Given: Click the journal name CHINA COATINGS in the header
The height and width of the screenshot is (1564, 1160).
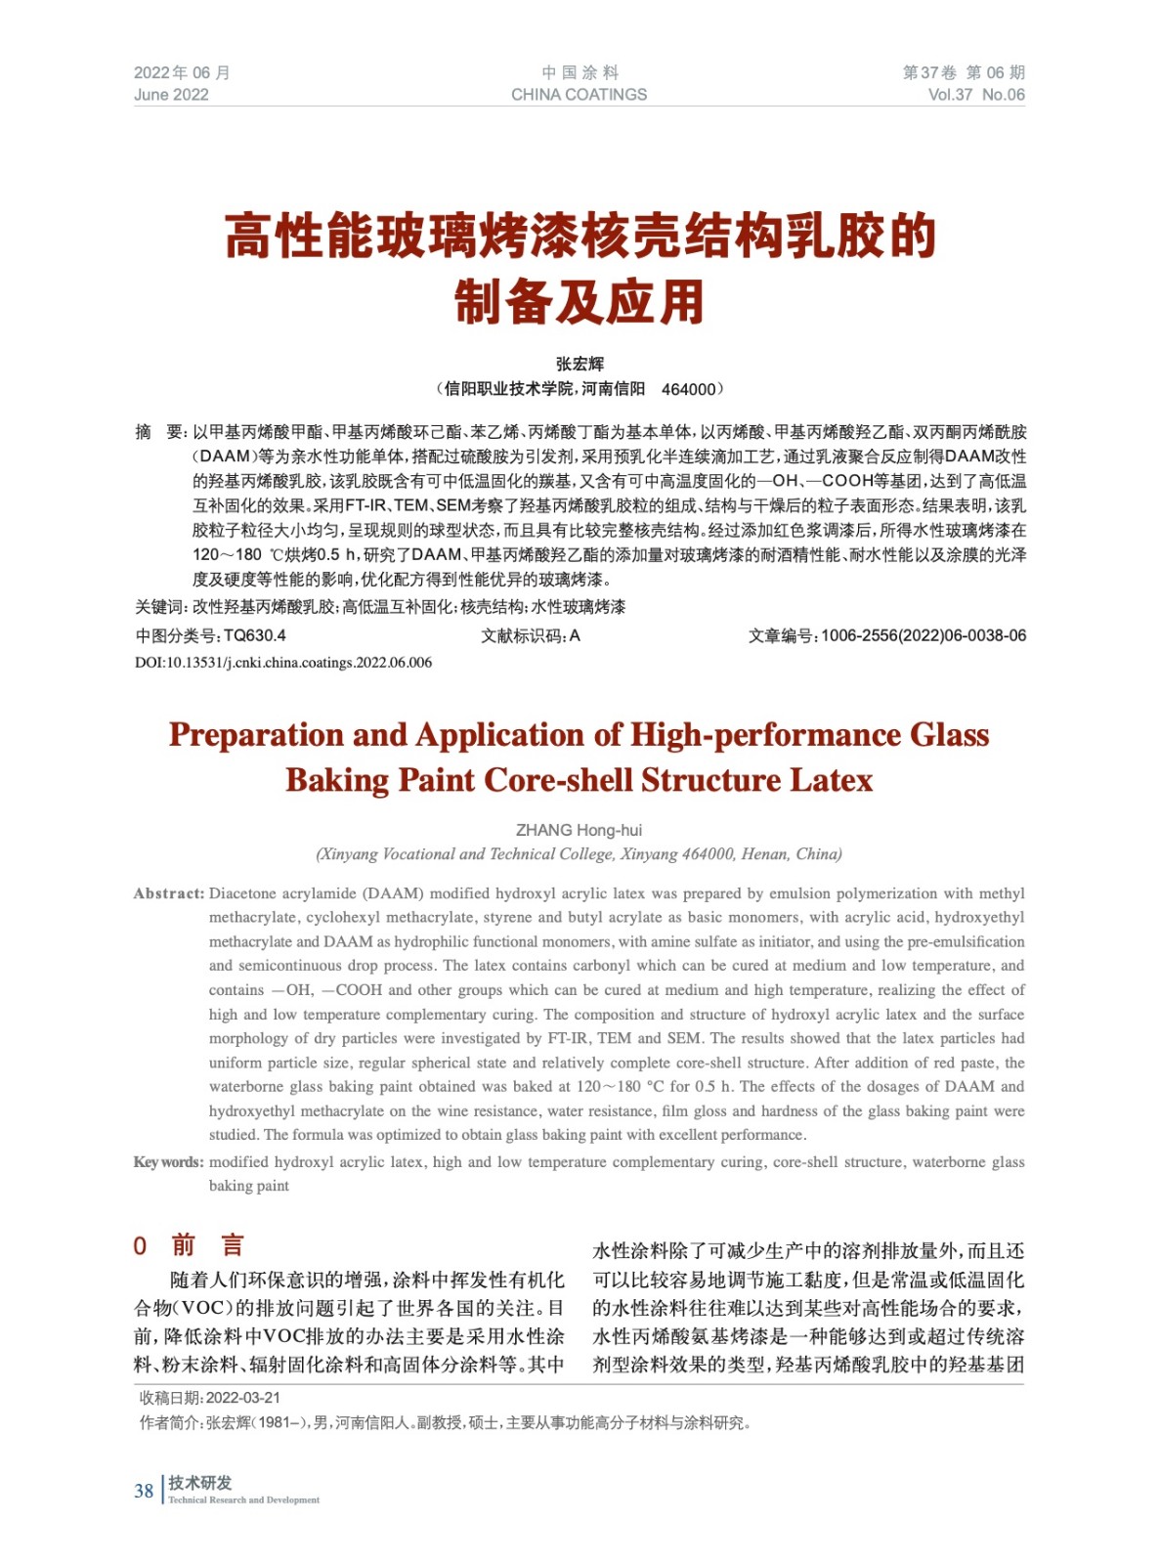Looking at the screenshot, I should [579, 95].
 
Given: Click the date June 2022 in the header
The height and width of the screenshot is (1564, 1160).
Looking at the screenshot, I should [171, 95].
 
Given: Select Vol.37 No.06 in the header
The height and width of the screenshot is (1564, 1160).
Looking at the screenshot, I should [975, 95].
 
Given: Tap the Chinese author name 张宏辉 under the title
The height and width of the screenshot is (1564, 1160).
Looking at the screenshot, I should [580, 364].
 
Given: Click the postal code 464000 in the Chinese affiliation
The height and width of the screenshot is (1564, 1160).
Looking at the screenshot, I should [689, 389].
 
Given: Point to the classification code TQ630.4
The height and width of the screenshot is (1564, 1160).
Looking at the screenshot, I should [254, 635].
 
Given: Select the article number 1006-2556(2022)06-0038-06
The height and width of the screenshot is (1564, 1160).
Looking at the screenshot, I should [924, 635].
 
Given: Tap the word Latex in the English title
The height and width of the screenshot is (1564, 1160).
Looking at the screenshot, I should [831, 781].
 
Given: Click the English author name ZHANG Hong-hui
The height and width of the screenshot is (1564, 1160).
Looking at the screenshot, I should [579, 830].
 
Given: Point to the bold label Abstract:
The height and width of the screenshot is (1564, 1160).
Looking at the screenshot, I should [169, 893].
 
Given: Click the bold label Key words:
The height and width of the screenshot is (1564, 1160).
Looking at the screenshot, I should [169, 1162].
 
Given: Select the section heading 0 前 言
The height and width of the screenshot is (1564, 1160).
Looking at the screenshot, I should [189, 1245].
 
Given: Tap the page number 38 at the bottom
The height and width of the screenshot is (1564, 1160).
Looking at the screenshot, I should [144, 1491].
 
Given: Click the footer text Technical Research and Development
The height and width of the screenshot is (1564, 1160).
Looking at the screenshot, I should [243, 1500].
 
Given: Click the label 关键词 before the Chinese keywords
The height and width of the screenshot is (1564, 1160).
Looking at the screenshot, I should [160, 607].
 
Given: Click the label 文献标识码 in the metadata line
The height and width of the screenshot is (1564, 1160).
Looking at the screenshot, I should [523, 635].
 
